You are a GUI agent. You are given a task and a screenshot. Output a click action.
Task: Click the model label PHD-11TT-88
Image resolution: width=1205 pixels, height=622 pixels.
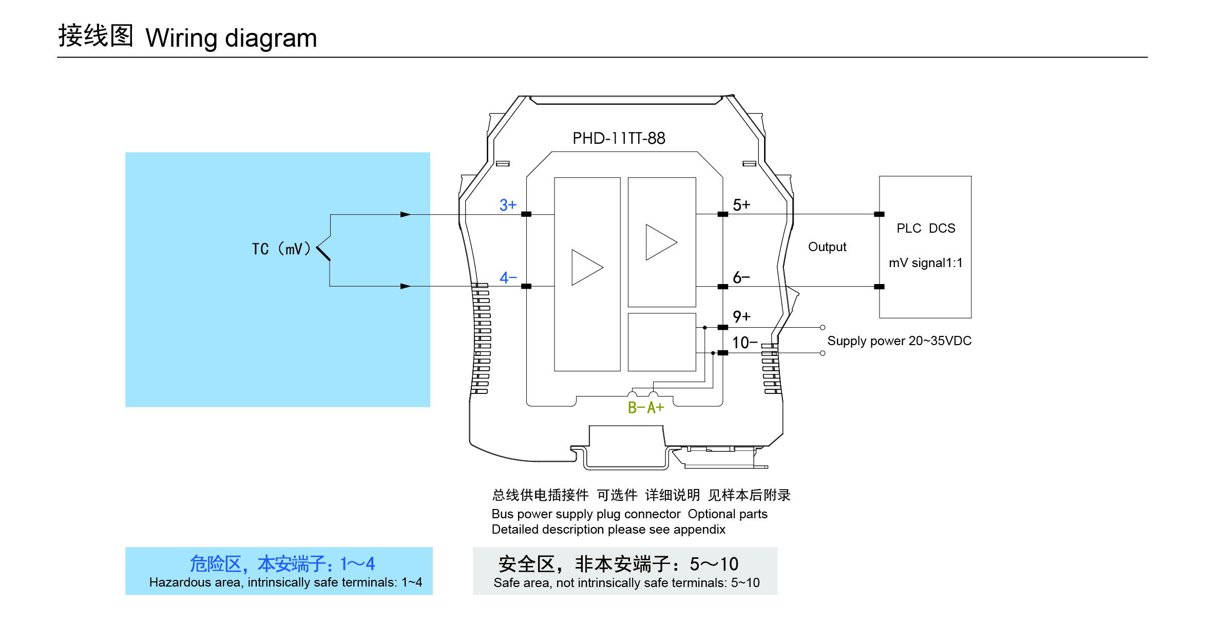tap(619, 138)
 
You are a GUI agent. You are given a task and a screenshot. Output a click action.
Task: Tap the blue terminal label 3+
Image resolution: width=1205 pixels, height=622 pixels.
tap(508, 205)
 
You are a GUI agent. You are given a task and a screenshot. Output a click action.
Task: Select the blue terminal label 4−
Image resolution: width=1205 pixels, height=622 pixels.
tap(508, 278)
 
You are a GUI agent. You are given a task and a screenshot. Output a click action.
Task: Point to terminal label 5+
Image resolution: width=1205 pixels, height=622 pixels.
tap(741, 205)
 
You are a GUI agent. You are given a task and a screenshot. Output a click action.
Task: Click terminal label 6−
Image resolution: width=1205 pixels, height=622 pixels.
tap(741, 277)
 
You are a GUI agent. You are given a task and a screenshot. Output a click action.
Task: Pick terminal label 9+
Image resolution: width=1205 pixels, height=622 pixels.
tap(741, 316)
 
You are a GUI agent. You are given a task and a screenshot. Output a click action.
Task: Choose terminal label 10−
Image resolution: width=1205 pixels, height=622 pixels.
tap(744, 343)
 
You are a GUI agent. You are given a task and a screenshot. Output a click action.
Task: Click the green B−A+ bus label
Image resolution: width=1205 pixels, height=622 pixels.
tap(646, 408)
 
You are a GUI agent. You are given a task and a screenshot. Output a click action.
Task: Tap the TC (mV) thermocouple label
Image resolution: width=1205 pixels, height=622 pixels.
tap(281, 249)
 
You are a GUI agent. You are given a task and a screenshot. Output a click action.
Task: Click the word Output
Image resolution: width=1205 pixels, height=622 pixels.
tap(827, 247)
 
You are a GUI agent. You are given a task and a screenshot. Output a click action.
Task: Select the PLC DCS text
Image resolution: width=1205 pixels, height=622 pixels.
tap(926, 229)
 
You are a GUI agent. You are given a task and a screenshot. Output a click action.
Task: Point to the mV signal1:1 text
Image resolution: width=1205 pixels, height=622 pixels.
tap(926, 263)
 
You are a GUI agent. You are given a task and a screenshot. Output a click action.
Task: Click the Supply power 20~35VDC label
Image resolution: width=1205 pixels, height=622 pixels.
tap(899, 341)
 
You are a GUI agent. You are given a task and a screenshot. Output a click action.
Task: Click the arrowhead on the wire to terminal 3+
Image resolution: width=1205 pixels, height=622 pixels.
tap(406, 215)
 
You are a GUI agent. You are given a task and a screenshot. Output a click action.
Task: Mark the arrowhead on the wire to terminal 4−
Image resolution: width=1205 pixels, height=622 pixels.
tap(406, 286)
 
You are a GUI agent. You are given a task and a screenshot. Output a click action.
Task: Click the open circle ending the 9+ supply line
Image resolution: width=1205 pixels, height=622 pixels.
tap(823, 327)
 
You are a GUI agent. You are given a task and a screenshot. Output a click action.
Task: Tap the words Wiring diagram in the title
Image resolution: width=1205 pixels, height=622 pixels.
tap(231, 38)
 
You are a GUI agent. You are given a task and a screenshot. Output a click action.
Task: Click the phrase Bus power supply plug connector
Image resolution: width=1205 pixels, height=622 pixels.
tap(586, 514)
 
